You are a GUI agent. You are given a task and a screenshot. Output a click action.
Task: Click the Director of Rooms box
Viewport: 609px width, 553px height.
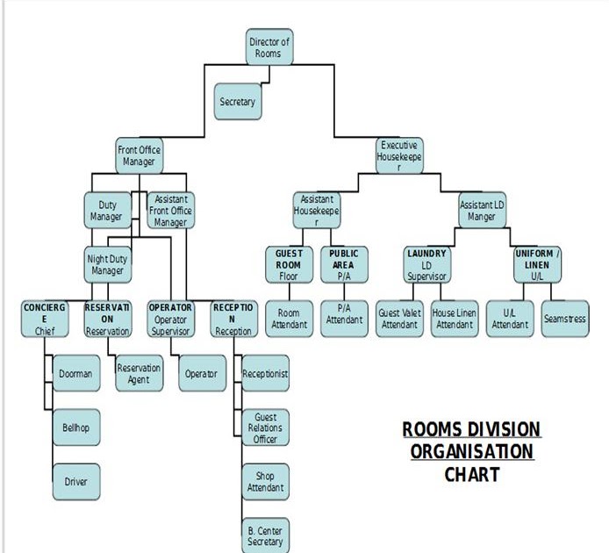pyautogui.click(x=269, y=47)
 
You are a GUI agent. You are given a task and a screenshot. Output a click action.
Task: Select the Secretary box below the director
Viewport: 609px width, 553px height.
pyautogui.click(x=237, y=102)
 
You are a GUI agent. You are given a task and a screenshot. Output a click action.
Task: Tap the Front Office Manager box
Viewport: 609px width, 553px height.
pyautogui.click(x=139, y=156)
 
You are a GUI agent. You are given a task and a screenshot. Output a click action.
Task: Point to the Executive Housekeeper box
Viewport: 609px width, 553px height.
pyautogui.click(x=399, y=156)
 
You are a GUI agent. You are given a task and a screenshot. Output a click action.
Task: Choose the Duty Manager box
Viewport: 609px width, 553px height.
pyautogui.click(x=105, y=211)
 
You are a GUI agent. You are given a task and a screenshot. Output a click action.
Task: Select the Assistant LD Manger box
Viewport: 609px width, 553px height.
pyautogui.click(x=482, y=211)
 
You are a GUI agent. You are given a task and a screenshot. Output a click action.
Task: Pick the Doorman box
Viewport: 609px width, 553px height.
pyautogui.click(x=75, y=374)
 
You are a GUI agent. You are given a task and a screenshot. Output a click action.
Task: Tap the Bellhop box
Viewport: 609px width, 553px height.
pyautogui.click(x=75, y=427)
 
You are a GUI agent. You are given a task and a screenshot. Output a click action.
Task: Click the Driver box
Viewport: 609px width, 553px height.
pyautogui.click(x=75, y=481)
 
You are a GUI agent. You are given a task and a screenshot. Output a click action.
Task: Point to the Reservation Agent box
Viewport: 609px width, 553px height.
pyautogui.click(x=139, y=374)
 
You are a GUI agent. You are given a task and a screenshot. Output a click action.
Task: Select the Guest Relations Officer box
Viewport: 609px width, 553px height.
pyautogui.click(x=265, y=427)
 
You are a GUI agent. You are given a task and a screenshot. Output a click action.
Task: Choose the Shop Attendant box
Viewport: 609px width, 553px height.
pyautogui.click(x=265, y=481)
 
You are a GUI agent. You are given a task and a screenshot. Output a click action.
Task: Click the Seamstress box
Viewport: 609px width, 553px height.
pyautogui.click(x=564, y=319)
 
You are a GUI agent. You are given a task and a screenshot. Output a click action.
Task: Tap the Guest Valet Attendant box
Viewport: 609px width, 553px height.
pyautogui.click(x=399, y=319)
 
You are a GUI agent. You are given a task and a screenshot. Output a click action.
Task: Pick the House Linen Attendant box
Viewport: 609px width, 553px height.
pyautogui.click(x=454, y=319)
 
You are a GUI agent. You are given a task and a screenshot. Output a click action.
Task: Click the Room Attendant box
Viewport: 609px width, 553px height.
pyautogui.click(x=289, y=319)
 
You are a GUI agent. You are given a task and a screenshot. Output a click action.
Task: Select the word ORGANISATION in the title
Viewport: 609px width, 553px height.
pyautogui.click(x=472, y=452)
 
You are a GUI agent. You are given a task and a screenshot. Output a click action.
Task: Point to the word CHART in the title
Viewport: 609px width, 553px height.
pyautogui.click(x=472, y=474)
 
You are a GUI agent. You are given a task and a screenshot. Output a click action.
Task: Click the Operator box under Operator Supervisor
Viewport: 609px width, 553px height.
pyautogui.click(x=200, y=374)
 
